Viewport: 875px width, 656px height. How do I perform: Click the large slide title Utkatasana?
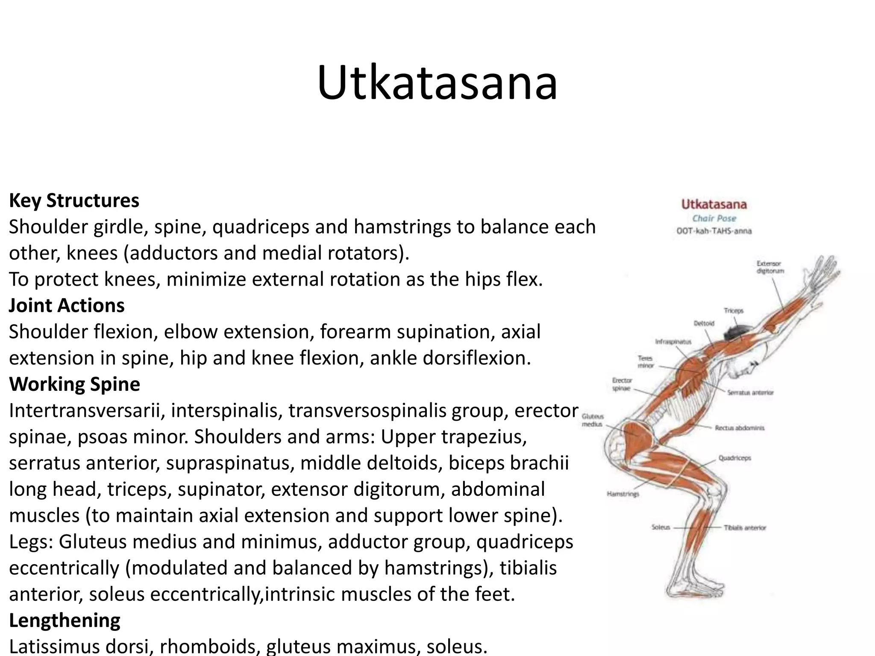pyautogui.click(x=437, y=83)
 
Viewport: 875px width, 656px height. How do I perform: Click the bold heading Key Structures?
pyautogui.click(x=74, y=200)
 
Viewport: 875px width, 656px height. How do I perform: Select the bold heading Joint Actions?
pyautogui.click(x=67, y=305)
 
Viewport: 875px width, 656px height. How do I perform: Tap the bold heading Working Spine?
pyautogui.click(x=74, y=384)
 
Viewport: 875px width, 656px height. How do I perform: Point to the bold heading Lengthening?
pyautogui.click(x=65, y=620)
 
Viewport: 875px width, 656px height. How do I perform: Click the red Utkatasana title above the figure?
pyautogui.click(x=714, y=204)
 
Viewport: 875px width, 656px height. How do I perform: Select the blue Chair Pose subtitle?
pyautogui.click(x=714, y=218)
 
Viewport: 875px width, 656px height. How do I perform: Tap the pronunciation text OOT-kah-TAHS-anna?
pyautogui.click(x=714, y=231)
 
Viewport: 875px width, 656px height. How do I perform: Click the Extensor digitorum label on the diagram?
pyautogui.click(x=770, y=267)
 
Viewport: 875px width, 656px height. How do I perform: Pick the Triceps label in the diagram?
pyautogui.click(x=734, y=310)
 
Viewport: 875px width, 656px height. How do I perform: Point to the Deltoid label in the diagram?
pyautogui.click(x=704, y=323)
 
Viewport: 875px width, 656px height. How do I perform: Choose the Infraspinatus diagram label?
pyautogui.click(x=673, y=342)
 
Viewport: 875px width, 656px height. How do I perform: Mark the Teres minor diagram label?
pyautogui.click(x=645, y=362)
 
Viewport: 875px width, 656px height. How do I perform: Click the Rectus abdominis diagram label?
pyautogui.click(x=740, y=428)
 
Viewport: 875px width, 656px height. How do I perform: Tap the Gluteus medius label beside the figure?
pyautogui.click(x=593, y=420)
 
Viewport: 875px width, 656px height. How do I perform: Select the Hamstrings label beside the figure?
pyautogui.click(x=623, y=494)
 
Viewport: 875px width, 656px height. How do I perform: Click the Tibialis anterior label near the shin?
pyautogui.click(x=745, y=527)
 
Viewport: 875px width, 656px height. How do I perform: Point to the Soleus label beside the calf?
pyautogui.click(x=661, y=527)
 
